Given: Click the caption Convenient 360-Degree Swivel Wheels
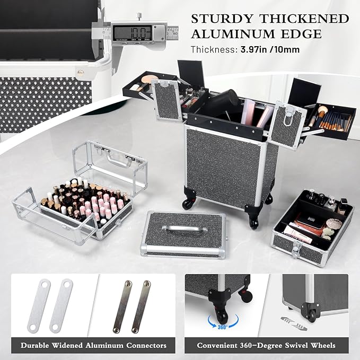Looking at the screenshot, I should [x=267, y=345].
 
